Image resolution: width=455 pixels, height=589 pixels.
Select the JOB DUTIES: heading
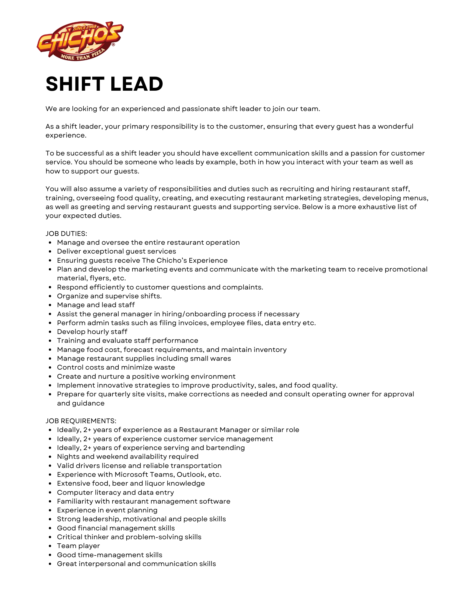(x=66, y=234)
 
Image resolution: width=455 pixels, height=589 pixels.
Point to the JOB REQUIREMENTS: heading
(x=81, y=421)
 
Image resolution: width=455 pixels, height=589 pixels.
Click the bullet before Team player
(x=50, y=546)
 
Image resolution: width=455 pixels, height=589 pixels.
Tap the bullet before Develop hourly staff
(x=50, y=332)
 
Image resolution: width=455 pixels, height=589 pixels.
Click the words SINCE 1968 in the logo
(x=85, y=28)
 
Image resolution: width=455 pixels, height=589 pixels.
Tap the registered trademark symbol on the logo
(x=113, y=45)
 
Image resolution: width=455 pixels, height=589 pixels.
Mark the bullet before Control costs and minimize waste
(x=50, y=368)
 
